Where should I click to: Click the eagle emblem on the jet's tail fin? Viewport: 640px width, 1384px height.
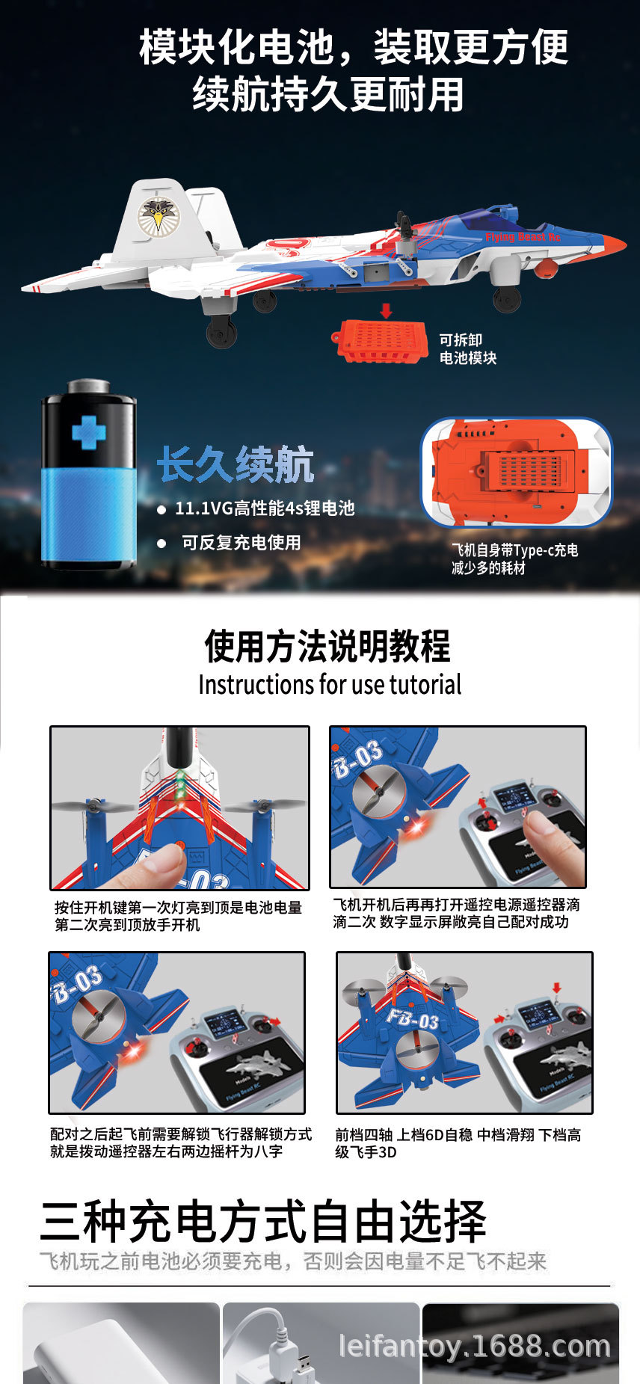tap(158, 216)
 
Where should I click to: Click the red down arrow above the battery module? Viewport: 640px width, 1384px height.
tap(386, 310)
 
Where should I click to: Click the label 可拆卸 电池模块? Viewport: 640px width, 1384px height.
tap(467, 349)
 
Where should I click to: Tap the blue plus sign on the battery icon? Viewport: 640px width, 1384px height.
tap(88, 431)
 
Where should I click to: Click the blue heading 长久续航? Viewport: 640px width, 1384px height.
tap(236, 465)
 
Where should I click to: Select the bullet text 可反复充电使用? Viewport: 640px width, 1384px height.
tap(241, 543)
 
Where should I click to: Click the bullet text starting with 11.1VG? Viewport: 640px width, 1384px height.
tap(264, 508)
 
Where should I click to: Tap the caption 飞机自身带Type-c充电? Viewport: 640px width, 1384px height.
tap(514, 550)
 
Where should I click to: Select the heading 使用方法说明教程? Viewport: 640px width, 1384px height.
tap(327, 646)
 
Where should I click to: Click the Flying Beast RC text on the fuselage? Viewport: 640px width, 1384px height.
tap(523, 237)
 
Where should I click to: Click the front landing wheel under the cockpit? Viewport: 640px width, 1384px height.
tap(507, 299)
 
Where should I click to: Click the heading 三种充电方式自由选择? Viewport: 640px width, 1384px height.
tap(263, 1221)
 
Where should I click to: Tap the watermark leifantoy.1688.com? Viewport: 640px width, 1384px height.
tap(475, 1346)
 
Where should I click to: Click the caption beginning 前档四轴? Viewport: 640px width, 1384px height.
tap(458, 1143)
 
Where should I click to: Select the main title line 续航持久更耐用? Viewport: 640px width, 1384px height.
tap(328, 95)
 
